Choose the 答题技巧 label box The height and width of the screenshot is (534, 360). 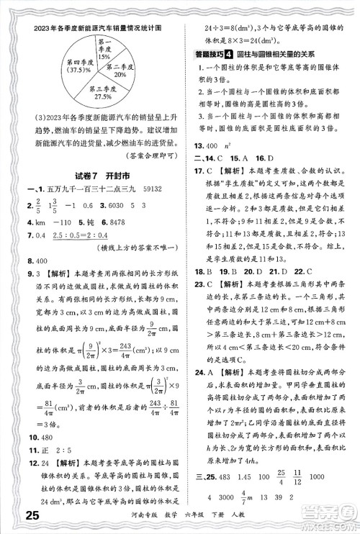point(214,53)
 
